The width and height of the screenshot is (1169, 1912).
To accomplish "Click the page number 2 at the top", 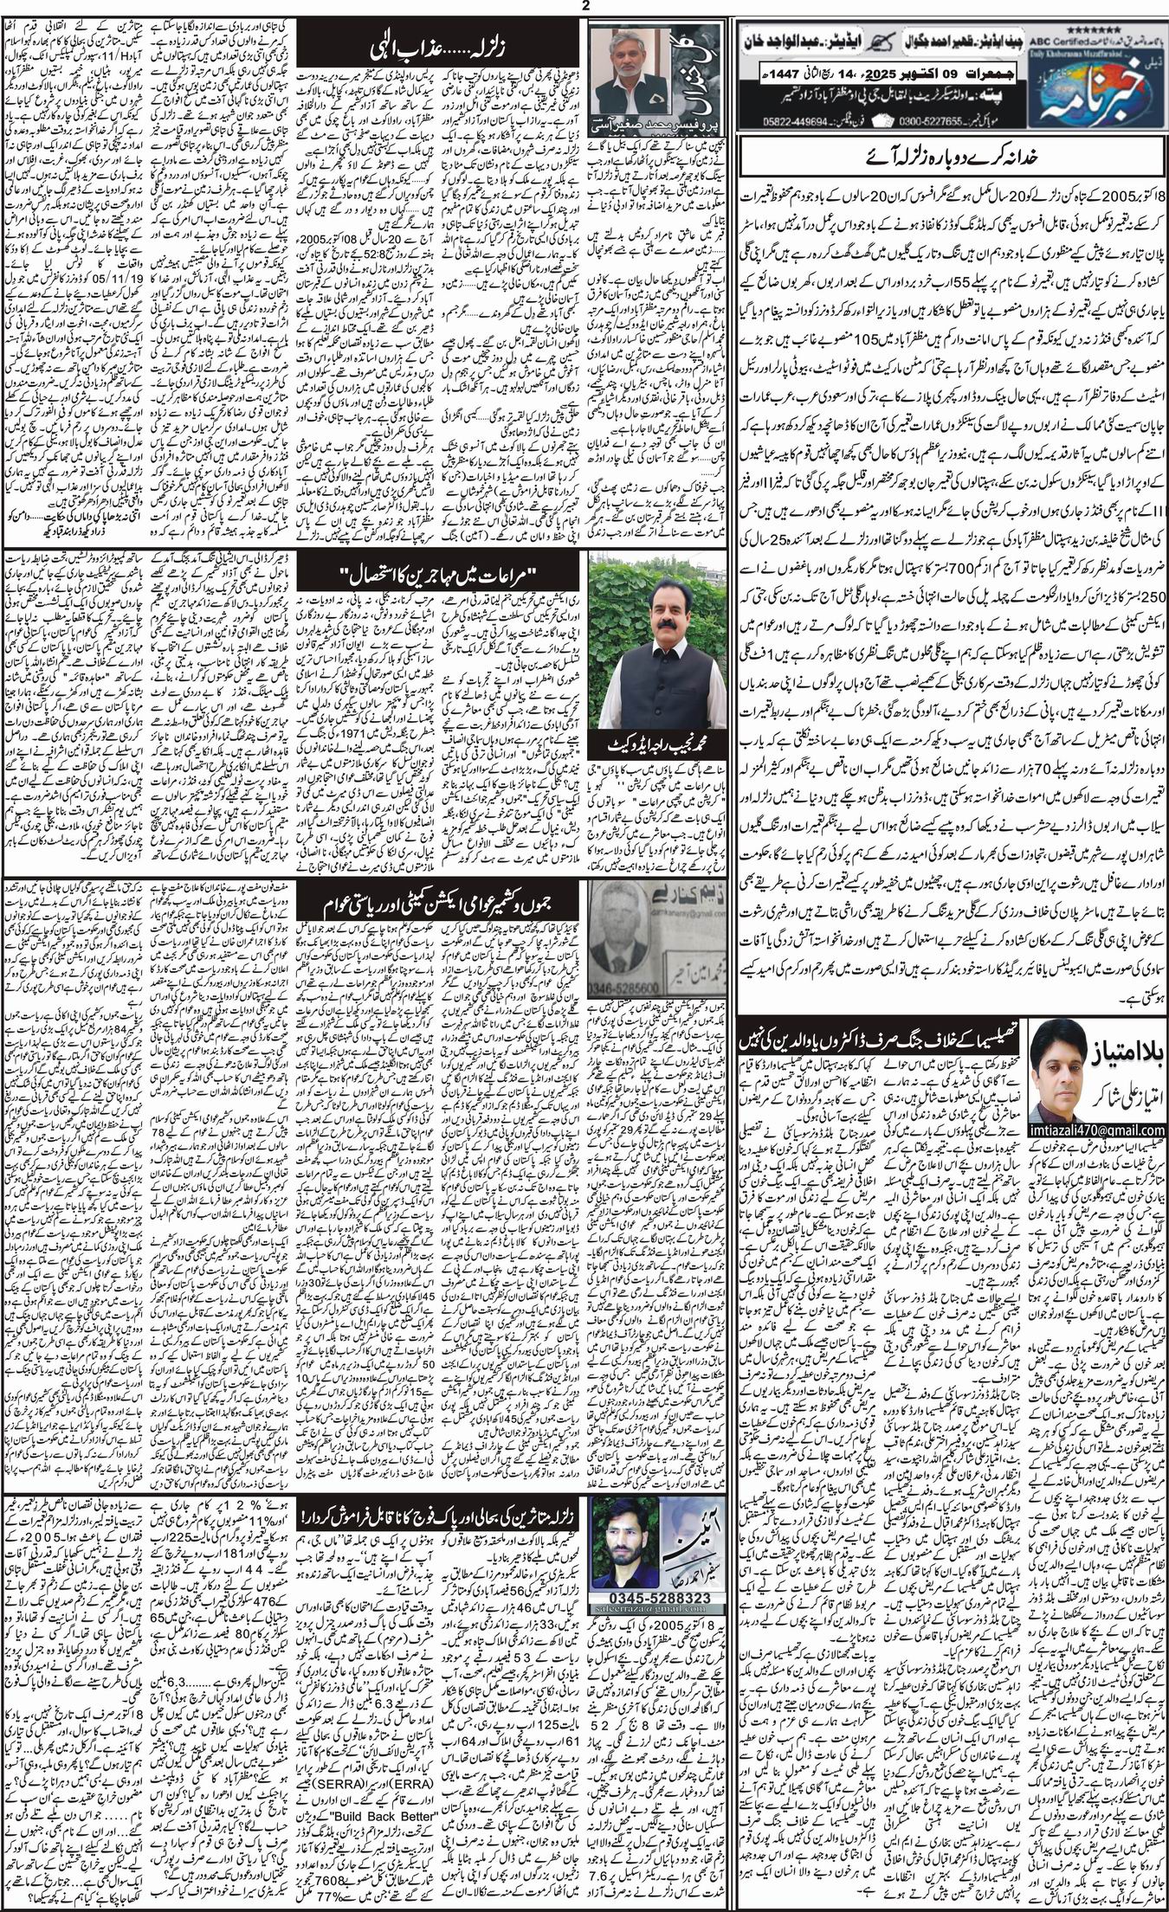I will (584, 6).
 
